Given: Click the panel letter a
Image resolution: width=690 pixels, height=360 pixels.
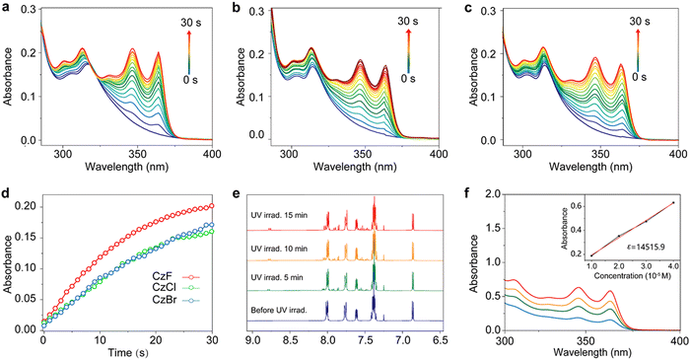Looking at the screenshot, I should [7, 8].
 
